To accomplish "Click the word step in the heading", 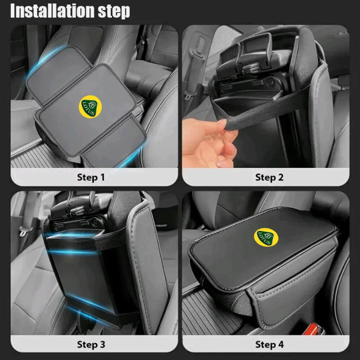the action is (x=114, y=11).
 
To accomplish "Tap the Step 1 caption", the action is (x=91, y=177).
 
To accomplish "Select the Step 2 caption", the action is (x=269, y=177).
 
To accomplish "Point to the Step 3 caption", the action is (x=91, y=344).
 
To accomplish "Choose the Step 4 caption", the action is (x=269, y=344).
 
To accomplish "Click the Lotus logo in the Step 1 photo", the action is (x=90, y=107).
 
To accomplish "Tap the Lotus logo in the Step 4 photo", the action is (x=266, y=237).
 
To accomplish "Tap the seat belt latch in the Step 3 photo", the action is (x=22, y=231).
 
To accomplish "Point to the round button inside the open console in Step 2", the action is (x=270, y=81).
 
